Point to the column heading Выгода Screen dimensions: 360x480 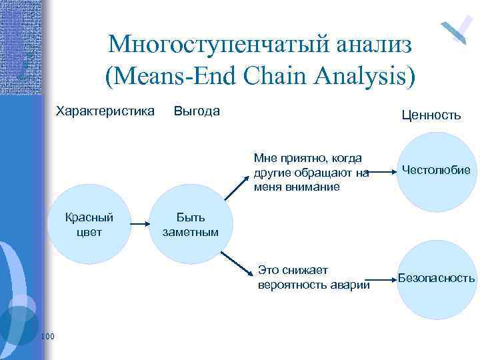pos(196,111)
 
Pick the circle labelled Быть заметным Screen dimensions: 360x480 pos(190,225)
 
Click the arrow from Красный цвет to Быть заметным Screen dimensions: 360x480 pos(139,225)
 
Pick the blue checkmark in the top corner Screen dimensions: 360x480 pos(457,29)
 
